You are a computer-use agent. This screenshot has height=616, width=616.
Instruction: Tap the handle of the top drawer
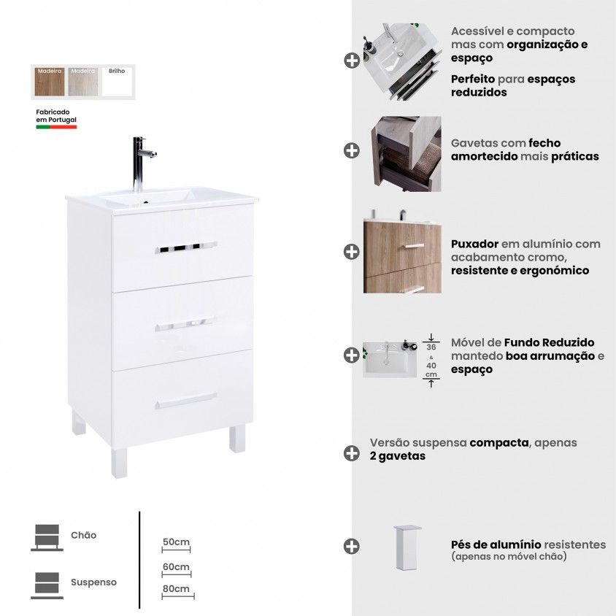tap(186, 247)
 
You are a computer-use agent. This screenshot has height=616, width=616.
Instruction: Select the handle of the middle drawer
tap(185, 324)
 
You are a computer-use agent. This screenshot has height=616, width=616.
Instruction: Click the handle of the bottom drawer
tap(186, 400)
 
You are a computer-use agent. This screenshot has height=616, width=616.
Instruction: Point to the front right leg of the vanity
tap(237, 438)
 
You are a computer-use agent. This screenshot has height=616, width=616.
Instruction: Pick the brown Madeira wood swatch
tap(50, 82)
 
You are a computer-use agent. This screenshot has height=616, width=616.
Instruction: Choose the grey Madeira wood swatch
tap(83, 82)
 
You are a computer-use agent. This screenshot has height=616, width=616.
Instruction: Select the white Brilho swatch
tap(117, 82)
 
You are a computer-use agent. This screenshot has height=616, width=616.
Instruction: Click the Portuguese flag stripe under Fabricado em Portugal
tap(56, 127)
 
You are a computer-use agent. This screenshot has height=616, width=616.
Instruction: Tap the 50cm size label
tap(176, 542)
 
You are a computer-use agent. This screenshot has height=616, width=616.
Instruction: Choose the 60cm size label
tap(177, 567)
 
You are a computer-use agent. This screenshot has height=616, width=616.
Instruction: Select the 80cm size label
tap(177, 588)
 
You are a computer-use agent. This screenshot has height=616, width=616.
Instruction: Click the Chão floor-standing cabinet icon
tap(47, 537)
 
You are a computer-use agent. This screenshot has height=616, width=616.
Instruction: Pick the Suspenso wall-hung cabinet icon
tap(47, 585)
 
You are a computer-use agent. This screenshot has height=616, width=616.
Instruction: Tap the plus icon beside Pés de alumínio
tap(352, 546)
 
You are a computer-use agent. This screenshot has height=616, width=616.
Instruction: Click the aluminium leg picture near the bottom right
tap(407, 547)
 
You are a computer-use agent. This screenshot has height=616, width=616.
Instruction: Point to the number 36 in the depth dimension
tap(431, 347)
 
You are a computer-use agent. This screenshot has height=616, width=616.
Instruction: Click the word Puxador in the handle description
tap(474, 244)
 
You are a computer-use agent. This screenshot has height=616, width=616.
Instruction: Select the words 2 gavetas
tap(398, 456)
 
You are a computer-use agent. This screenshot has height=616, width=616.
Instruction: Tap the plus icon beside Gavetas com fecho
tap(352, 150)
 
